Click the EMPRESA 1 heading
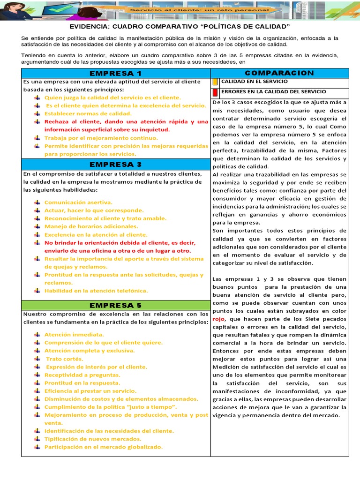(x=115, y=73)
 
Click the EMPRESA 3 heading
(x=115, y=164)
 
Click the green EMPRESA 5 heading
(x=115, y=305)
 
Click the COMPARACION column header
(x=279, y=73)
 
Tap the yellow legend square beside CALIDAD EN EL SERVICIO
(x=215, y=82)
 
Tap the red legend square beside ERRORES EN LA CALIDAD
(x=215, y=92)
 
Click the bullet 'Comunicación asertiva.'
(x=78, y=202)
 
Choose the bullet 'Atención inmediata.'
(x=74, y=335)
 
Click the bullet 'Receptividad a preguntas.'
(x=82, y=375)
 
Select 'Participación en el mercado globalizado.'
(x=103, y=447)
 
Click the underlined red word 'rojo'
(x=218, y=319)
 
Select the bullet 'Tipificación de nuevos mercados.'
(x=93, y=439)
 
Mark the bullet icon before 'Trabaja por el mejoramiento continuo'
(x=37, y=138)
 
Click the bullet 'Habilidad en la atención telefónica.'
(x=96, y=291)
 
